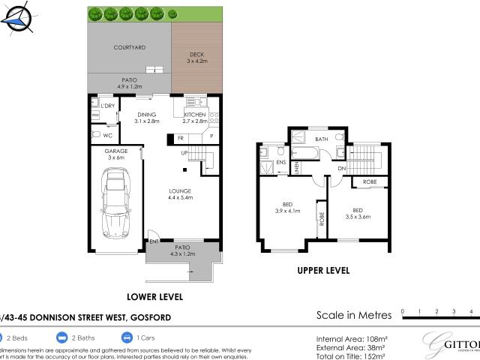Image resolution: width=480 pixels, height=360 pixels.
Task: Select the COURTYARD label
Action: [x=129, y=47]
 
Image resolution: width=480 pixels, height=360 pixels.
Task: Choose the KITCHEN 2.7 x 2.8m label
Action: [x=194, y=118]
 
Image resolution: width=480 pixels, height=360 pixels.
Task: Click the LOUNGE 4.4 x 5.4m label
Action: [x=180, y=193]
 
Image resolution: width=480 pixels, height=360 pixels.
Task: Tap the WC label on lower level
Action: [x=108, y=135]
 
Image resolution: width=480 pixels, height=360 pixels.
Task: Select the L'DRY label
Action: [x=107, y=106]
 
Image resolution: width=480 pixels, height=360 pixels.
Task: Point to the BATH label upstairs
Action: [x=321, y=139]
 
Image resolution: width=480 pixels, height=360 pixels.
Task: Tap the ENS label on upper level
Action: [x=281, y=162]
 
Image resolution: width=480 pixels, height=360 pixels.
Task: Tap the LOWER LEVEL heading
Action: [x=154, y=297]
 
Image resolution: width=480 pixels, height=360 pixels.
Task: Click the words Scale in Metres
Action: [x=351, y=315]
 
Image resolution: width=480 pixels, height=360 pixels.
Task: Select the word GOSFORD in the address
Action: [x=151, y=317]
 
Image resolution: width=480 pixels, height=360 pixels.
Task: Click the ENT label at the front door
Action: [x=153, y=241]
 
